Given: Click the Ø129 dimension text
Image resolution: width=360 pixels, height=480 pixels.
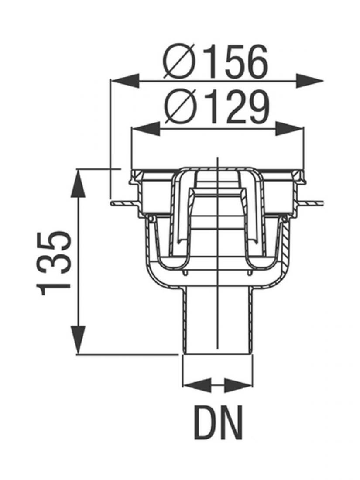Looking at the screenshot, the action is pos(217,106).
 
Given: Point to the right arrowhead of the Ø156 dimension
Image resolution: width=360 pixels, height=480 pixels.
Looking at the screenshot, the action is pos(309,81).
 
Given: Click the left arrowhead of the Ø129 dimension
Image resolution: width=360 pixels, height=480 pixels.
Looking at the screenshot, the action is pos(146,129).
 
